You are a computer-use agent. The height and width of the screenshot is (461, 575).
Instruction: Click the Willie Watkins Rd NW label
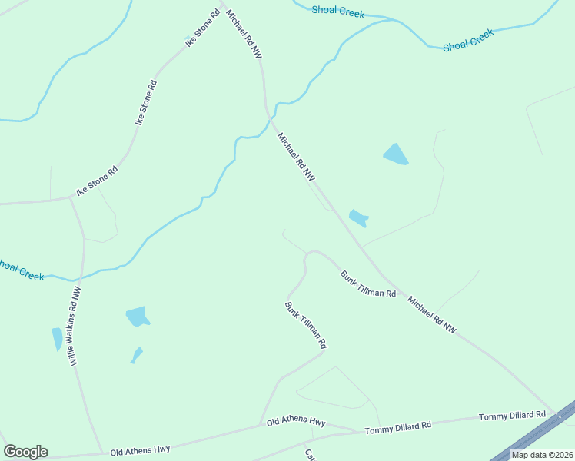click(77, 326)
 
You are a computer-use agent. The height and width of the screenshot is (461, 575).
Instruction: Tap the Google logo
click(25, 452)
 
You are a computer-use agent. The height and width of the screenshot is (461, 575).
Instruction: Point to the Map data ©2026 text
click(542, 455)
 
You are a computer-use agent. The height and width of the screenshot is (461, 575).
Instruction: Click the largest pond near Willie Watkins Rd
click(138, 316)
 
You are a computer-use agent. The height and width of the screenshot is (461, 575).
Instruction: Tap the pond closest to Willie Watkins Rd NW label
click(57, 338)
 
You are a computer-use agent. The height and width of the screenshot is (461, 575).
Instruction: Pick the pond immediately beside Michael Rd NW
click(358, 218)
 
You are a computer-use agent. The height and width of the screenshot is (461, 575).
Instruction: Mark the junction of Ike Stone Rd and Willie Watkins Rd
click(71, 197)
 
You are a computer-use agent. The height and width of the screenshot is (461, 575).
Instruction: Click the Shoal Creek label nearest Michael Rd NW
click(338, 11)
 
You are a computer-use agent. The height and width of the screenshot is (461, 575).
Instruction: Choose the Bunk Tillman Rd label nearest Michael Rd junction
click(369, 284)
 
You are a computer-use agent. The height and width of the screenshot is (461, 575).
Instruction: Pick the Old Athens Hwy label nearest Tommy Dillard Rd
click(296, 423)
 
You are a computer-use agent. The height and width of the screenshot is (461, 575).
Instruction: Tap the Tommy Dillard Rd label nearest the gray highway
click(512, 416)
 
